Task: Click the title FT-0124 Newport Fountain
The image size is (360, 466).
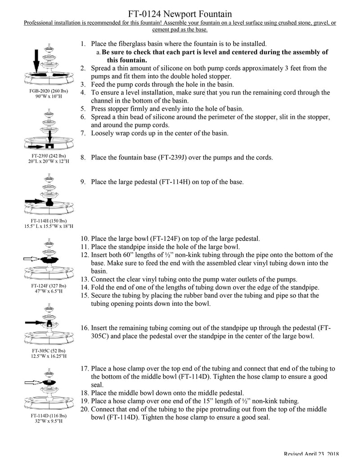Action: coord(180,15)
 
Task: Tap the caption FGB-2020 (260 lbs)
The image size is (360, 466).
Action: coord(48,90)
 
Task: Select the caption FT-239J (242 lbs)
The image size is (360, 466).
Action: coord(48,156)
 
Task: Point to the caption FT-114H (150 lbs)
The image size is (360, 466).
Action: coord(48,221)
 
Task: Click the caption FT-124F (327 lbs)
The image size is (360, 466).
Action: coord(48,285)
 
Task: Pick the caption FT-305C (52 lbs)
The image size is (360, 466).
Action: coord(48,350)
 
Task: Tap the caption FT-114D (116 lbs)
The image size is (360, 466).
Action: coord(48,416)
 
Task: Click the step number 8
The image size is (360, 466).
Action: coord(83,158)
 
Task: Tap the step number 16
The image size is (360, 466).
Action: coord(84,328)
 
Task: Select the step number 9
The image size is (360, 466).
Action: coord(83,182)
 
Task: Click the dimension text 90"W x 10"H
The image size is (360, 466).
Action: coord(48,96)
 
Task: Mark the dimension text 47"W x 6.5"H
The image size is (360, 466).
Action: coord(48,291)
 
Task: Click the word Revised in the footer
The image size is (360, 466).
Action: coord(295,455)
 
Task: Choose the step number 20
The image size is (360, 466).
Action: coord(85,409)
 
